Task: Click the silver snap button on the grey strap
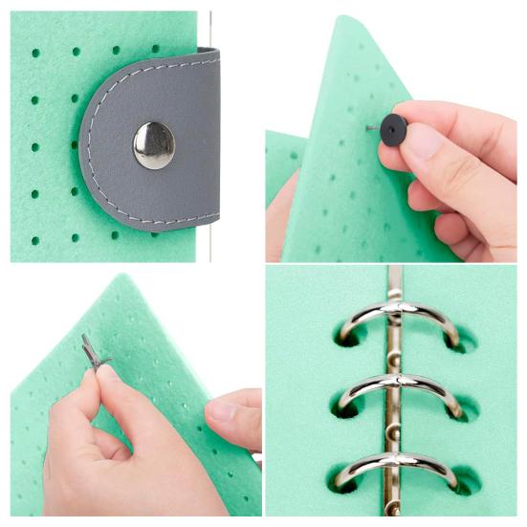pos(153,145)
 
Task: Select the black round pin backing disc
pos(392,129)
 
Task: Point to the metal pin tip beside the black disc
pos(371,127)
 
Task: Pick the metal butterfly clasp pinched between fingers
pos(93,352)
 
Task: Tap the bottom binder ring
pos(396,468)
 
